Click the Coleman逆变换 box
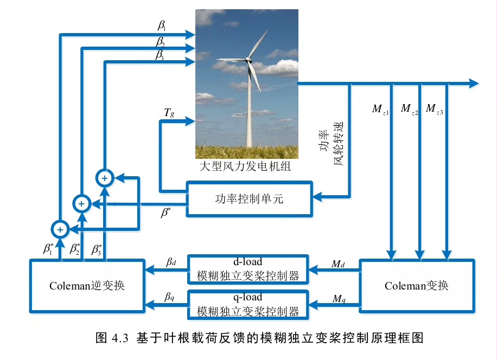point(87,285)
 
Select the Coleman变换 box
point(417,285)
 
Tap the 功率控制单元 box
point(249,199)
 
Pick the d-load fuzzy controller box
point(248,269)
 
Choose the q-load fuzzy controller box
point(248,305)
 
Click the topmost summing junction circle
point(105,177)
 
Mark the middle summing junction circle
point(81,203)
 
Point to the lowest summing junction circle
point(60,229)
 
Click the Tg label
point(169,113)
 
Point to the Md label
point(338,264)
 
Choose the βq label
point(170,298)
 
